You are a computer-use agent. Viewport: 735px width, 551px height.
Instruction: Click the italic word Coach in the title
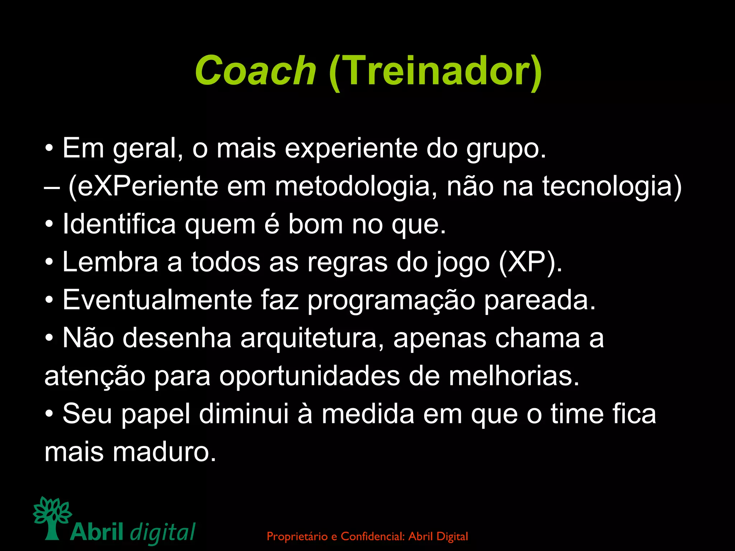click(255, 71)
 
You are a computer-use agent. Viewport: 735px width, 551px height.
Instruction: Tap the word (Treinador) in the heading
click(435, 71)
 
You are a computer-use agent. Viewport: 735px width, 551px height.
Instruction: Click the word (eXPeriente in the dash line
click(143, 187)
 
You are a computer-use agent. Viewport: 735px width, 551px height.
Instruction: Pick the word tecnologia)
click(612, 187)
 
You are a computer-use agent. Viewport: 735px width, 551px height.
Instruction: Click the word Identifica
click(119, 225)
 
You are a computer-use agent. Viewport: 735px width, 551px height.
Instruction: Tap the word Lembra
click(110, 262)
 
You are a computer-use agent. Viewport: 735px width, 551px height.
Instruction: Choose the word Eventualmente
click(157, 300)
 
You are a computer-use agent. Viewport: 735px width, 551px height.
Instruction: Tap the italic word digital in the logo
click(163, 532)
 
